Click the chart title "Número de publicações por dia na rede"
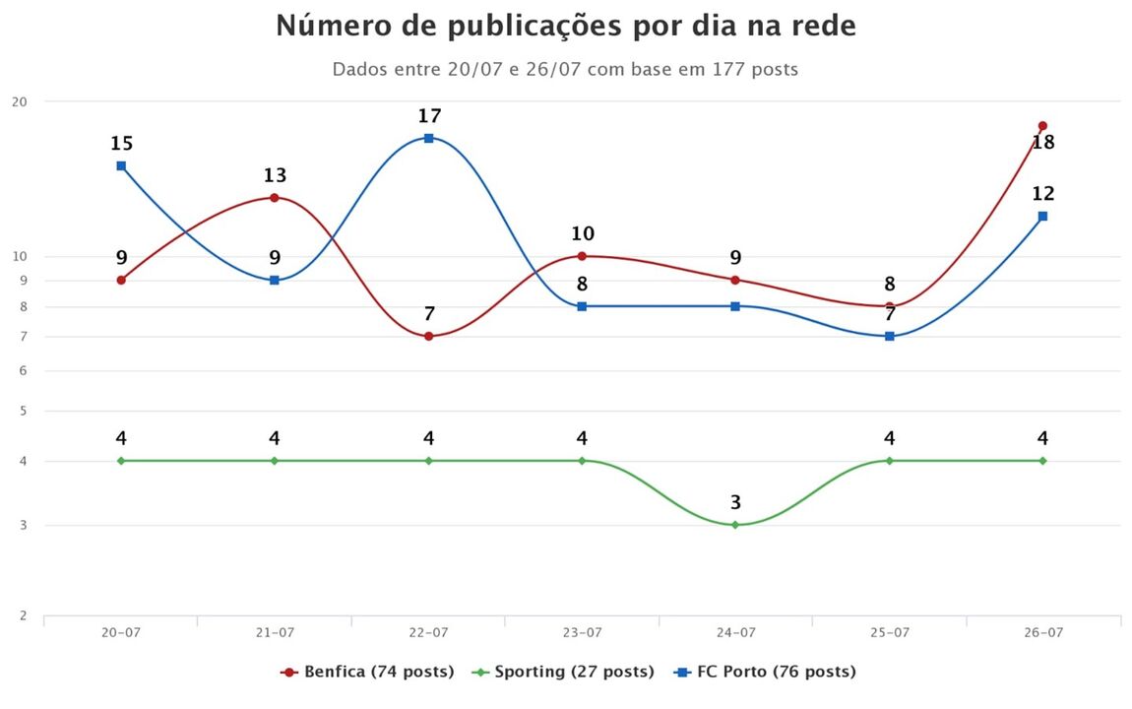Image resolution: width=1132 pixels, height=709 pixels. [x=566, y=27]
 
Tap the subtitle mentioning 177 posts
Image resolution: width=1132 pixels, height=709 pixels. [x=565, y=70]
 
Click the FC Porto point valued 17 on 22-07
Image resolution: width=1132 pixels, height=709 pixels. [x=429, y=138]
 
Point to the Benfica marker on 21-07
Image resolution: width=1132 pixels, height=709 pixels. [x=275, y=198]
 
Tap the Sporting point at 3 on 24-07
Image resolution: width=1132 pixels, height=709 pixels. [x=735, y=525]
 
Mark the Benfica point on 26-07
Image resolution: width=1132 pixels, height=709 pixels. [x=1042, y=126]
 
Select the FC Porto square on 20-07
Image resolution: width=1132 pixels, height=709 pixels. [x=121, y=165]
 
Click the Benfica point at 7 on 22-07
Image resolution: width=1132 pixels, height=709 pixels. [x=429, y=337]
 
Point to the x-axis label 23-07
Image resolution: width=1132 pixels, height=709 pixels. [x=582, y=633]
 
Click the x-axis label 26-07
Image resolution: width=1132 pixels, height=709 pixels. [x=1042, y=633]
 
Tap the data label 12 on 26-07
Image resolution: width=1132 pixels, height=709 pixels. [x=1042, y=194]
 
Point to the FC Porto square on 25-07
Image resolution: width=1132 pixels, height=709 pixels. [x=889, y=337]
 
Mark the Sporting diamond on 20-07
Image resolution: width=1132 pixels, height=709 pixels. [x=121, y=461]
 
